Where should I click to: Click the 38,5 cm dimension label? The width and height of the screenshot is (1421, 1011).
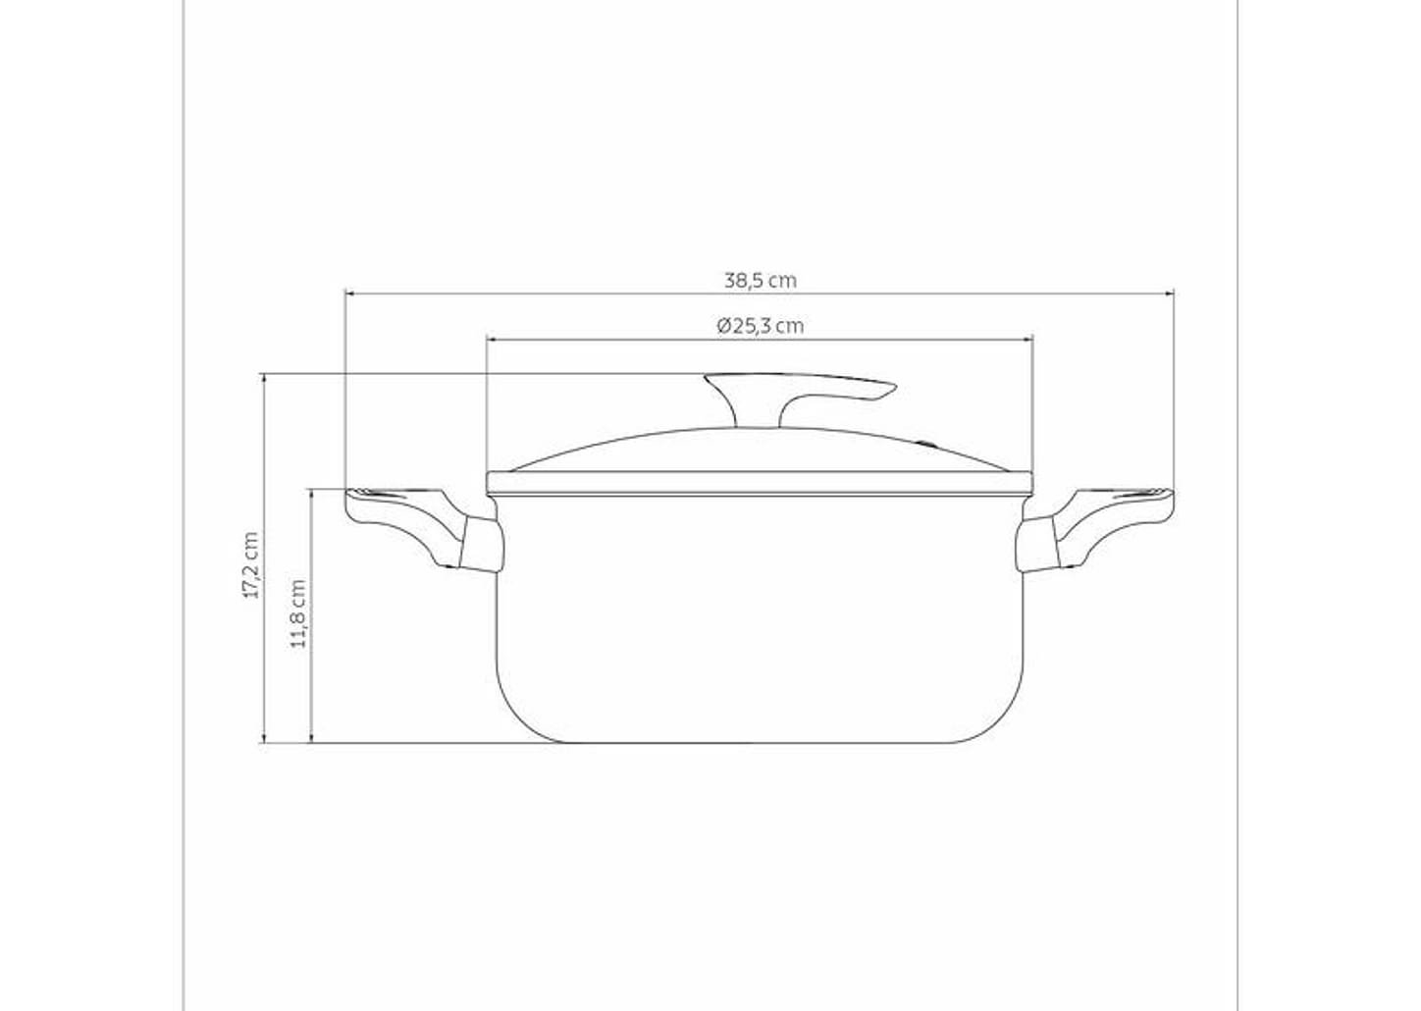(761, 281)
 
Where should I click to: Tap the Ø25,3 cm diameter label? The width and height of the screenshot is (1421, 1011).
(761, 326)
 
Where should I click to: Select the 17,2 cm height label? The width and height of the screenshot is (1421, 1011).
(251, 565)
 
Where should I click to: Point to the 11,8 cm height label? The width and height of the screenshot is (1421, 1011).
(298, 613)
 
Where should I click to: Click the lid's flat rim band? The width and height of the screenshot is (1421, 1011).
(761, 482)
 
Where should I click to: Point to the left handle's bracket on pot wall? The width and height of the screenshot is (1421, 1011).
(481, 546)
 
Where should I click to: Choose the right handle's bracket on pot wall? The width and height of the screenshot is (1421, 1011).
(1037, 546)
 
